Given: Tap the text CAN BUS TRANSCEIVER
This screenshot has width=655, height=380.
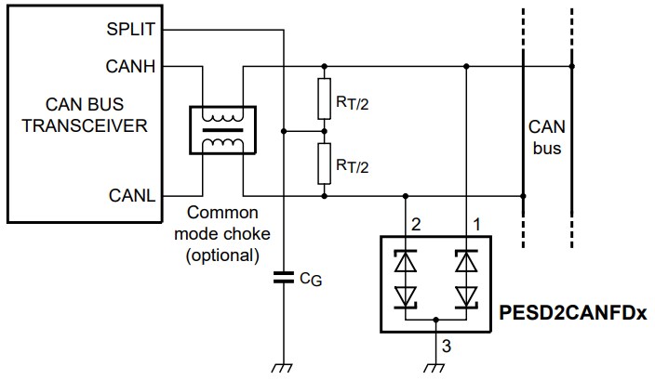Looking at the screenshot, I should point(85,114).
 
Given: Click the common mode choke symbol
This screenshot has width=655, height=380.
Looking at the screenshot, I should point(220,129).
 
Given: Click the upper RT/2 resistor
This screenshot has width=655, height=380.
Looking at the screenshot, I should point(324,99).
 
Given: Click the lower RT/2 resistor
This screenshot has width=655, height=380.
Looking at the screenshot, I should point(324,164).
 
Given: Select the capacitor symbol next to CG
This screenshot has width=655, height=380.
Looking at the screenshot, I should point(282,276).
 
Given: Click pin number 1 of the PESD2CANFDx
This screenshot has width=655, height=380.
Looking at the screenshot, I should point(478,223).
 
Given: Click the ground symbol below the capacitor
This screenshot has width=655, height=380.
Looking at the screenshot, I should point(282,367).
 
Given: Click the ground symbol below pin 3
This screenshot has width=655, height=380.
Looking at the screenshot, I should point(434,367).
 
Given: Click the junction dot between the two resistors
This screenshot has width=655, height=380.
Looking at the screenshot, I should point(324,131).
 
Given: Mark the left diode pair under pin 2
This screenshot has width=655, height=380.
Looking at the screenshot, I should point(406,279).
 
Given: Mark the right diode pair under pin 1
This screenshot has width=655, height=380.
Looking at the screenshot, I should point(465,279).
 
